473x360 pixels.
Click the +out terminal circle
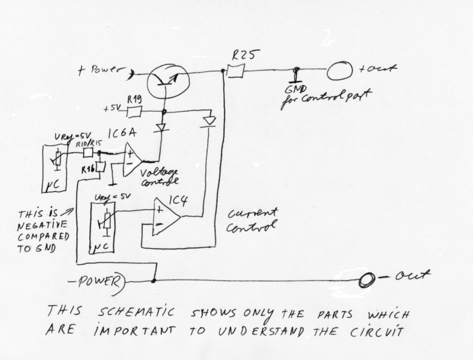[x=339, y=72]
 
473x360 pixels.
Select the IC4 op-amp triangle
[x=165, y=216]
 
